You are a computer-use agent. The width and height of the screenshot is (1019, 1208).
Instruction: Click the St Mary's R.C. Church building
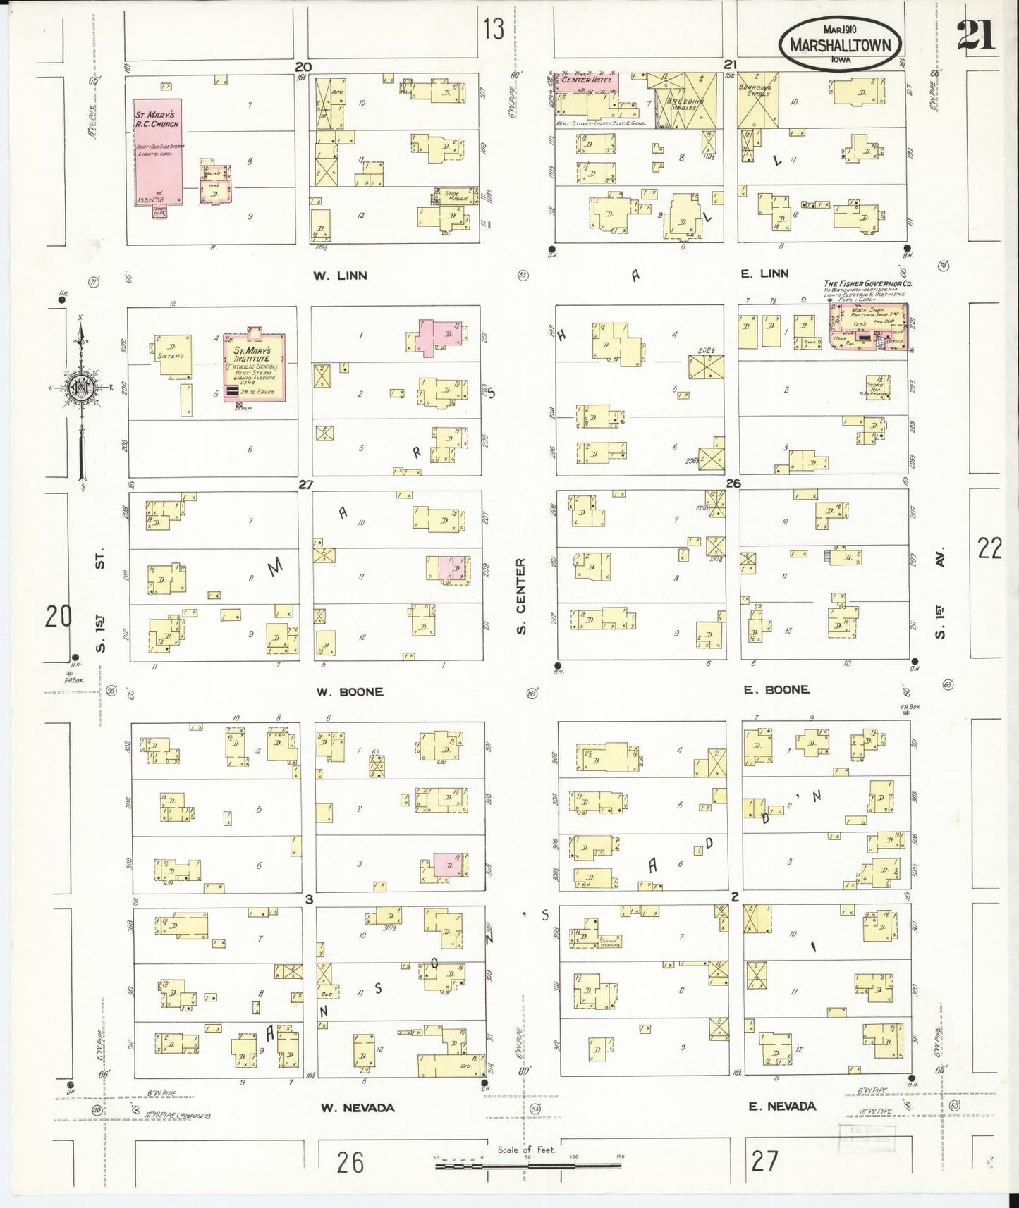point(158,152)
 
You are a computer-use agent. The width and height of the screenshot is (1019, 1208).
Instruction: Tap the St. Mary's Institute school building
point(254,368)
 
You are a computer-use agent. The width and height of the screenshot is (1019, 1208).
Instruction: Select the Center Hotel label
point(587,80)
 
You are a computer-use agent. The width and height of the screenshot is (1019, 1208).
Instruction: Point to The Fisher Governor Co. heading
point(868,283)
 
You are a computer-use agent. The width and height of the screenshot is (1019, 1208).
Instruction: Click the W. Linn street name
point(340,276)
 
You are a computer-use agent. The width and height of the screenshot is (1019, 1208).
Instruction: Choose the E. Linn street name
point(764,273)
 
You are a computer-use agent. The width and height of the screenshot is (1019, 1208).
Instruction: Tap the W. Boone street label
point(349,691)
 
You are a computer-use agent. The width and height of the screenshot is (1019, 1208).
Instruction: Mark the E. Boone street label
point(776,689)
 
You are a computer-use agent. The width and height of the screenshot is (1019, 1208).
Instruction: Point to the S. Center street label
point(521,596)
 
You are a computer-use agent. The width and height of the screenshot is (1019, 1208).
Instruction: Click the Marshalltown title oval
point(840,44)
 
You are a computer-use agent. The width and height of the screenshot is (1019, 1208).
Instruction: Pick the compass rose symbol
point(81,388)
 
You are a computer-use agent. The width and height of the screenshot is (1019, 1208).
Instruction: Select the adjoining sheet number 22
point(989,548)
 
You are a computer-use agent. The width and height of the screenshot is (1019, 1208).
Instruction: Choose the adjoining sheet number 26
point(350,1161)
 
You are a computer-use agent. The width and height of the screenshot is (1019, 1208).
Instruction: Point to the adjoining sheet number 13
point(494,29)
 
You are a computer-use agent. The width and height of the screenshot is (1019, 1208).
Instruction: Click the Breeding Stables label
point(684,104)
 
